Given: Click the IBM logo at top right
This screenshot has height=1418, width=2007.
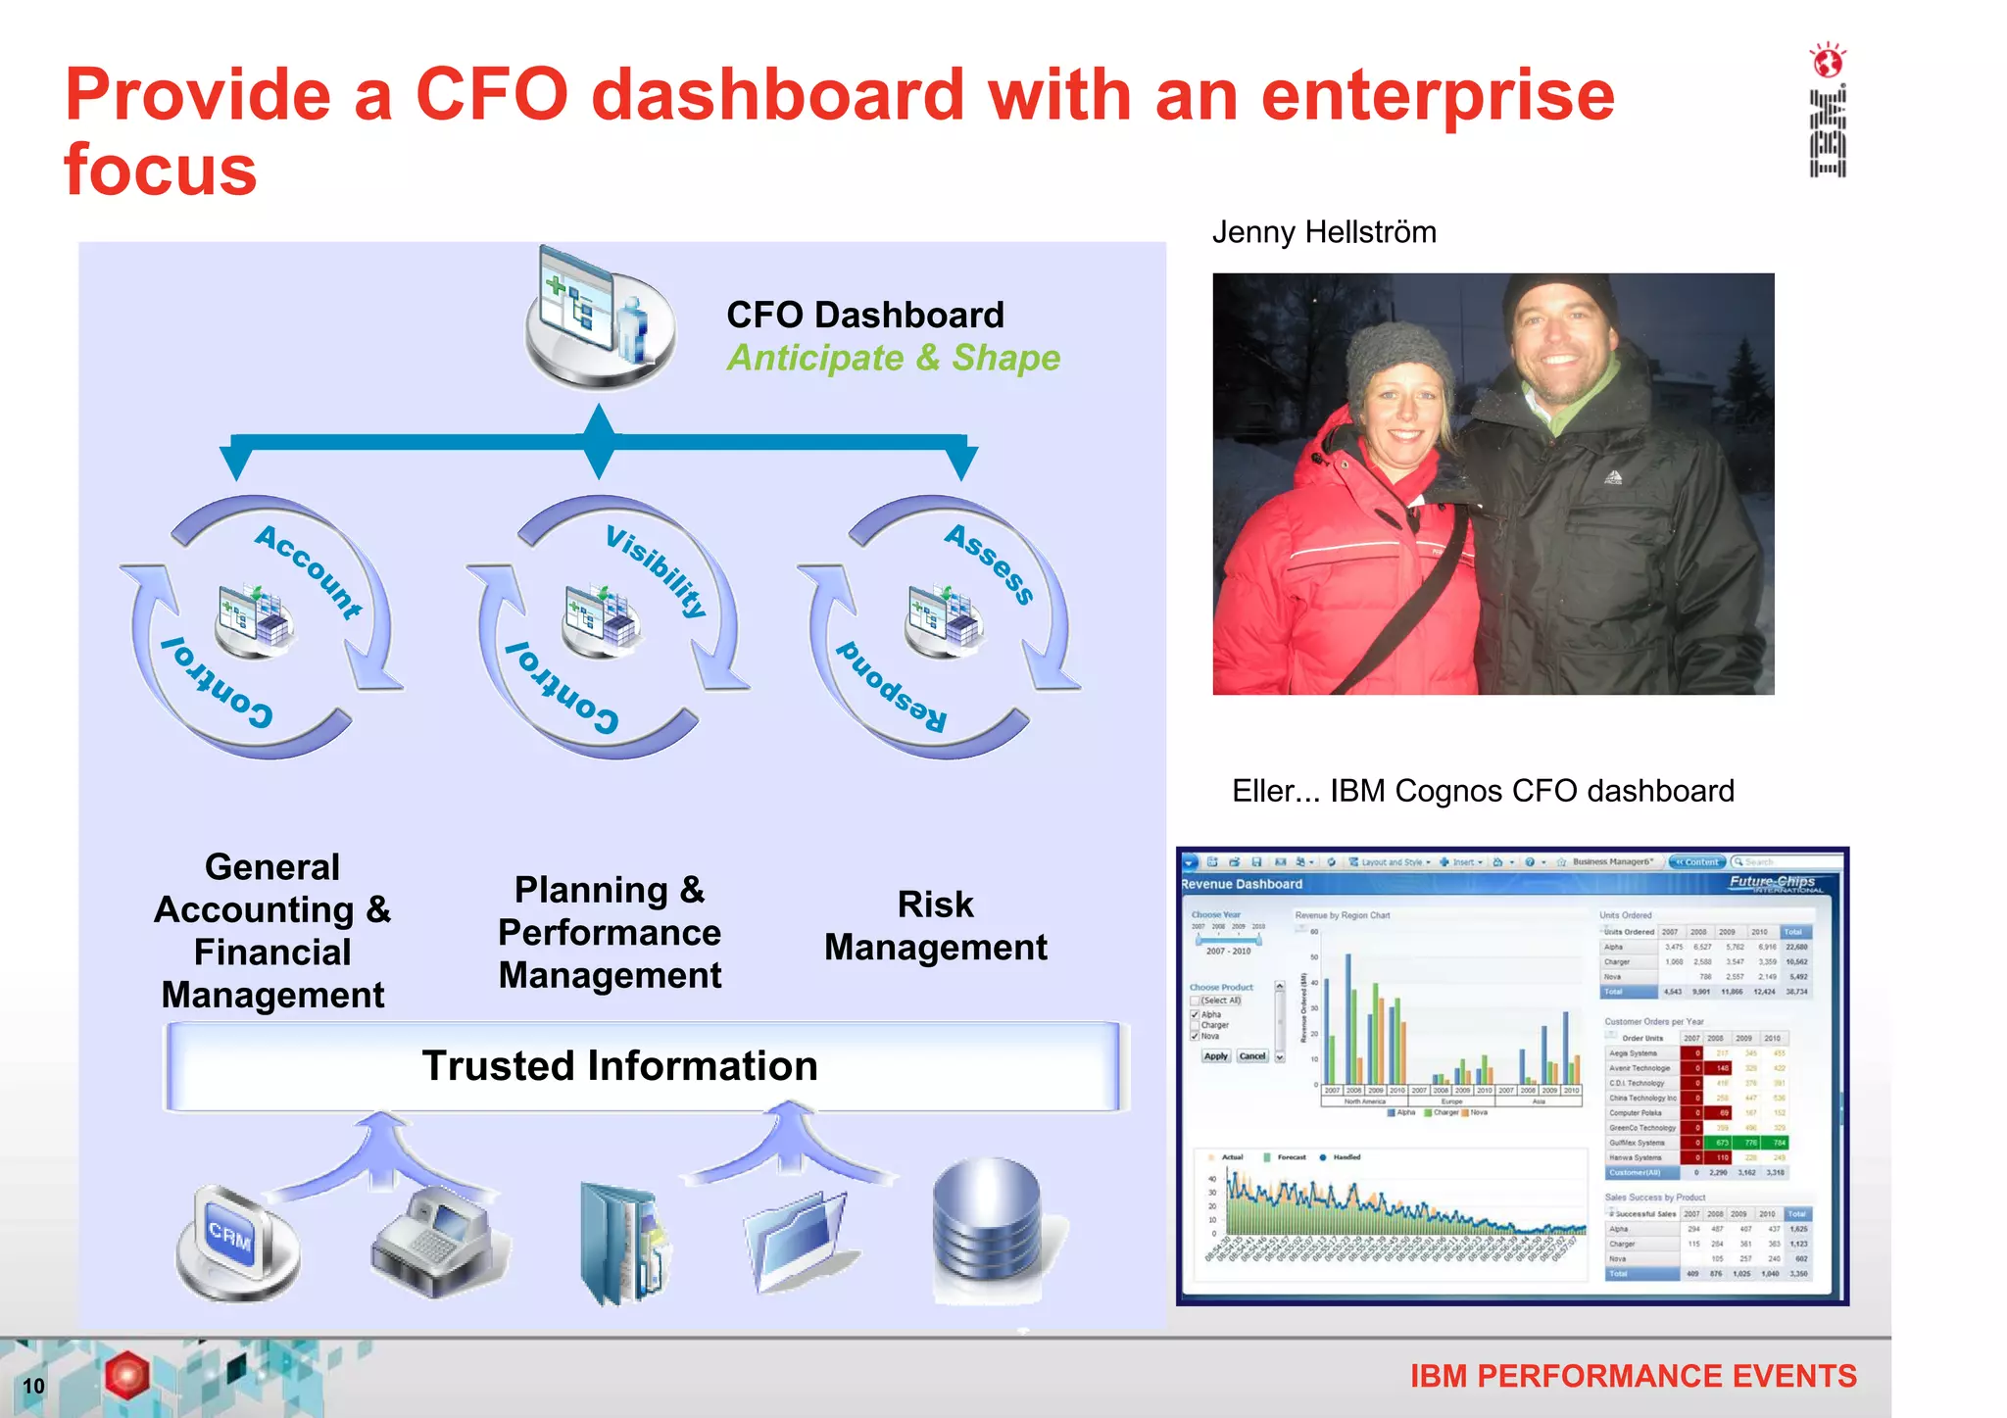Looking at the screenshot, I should coord(1828,131).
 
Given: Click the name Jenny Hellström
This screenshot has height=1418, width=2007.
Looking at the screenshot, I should coord(1324,232).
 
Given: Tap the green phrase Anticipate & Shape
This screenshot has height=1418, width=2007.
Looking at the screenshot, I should coord(893,358).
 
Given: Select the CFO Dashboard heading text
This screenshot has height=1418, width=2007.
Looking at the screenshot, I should coord(865,315).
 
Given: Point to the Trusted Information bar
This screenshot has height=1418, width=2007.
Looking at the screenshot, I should coord(620,1066).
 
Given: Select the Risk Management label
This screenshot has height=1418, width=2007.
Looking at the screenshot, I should coord(936,925).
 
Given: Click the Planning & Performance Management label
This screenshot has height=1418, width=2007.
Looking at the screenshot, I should coord(610,932).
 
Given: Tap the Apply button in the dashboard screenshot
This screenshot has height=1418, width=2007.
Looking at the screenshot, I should coord(1215,1056).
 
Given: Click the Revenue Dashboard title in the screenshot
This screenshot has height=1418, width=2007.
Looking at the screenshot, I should coord(1242,884).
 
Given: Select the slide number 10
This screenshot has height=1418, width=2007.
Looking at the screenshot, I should coord(33,1386).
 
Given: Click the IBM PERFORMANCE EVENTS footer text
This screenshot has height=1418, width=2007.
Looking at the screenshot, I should coord(1633,1376).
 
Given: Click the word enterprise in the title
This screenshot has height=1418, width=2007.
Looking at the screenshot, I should coord(1438,95).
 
